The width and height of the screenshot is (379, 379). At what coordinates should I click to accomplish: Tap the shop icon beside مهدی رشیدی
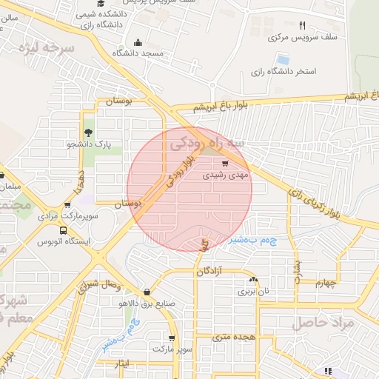(226, 165)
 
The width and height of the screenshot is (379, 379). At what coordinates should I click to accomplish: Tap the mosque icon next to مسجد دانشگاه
(137, 42)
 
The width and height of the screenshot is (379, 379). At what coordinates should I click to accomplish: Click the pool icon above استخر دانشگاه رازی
(283, 58)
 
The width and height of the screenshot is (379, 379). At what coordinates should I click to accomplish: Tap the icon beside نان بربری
(255, 280)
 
